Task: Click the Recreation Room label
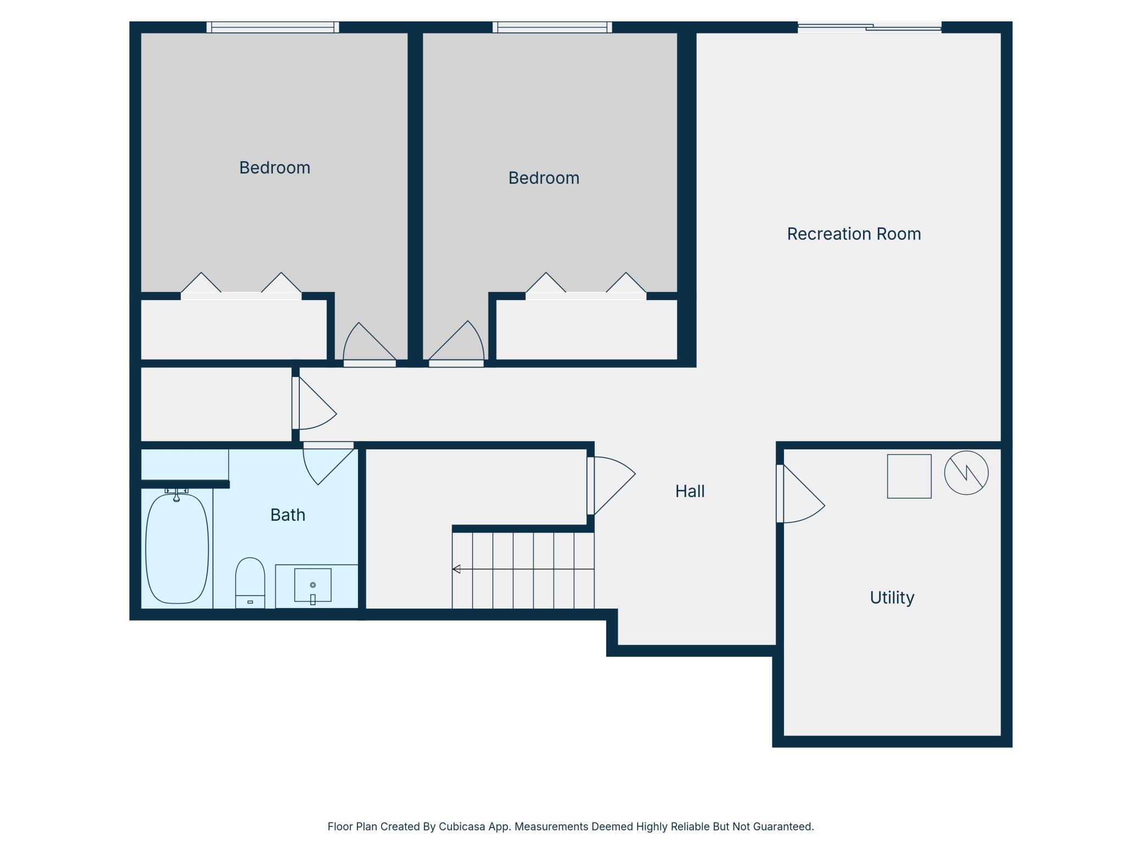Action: pyautogui.click(x=854, y=234)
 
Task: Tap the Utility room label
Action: pyautogui.click(x=892, y=598)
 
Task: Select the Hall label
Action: pyautogui.click(x=690, y=491)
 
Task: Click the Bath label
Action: pyautogui.click(x=288, y=515)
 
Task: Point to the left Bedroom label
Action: pyautogui.click(x=275, y=167)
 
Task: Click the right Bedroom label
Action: pyautogui.click(x=544, y=178)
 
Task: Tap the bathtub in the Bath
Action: pyautogui.click(x=177, y=548)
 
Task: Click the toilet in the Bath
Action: pyautogui.click(x=250, y=583)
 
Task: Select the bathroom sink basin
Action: pyautogui.click(x=312, y=585)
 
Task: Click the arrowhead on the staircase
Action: pyautogui.click(x=456, y=569)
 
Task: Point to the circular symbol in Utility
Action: pyautogui.click(x=966, y=473)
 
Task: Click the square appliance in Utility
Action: pyautogui.click(x=909, y=476)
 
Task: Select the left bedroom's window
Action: pyautogui.click(x=272, y=27)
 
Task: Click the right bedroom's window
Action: pyautogui.click(x=552, y=27)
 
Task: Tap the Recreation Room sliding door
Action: pyautogui.click(x=870, y=27)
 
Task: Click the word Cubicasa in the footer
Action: pyautogui.click(x=462, y=826)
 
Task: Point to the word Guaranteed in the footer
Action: pyautogui.click(x=783, y=826)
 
